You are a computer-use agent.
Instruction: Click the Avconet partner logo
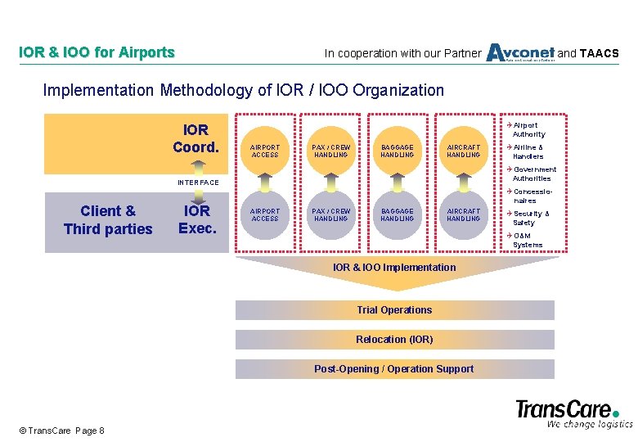pyautogui.click(x=519, y=52)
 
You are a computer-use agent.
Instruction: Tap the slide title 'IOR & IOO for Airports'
pyautogui.click(x=97, y=52)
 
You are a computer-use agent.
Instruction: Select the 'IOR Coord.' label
pyautogui.click(x=196, y=139)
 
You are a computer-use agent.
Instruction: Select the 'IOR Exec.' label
pyautogui.click(x=196, y=219)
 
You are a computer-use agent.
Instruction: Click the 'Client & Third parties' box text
pyautogui.click(x=108, y=220)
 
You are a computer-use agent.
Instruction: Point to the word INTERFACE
pyautogui.click(x=198, y=183)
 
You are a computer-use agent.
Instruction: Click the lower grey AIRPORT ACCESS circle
pyautogui.click(x=265, y=214)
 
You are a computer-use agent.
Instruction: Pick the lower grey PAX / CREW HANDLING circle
pyautogui.click(x=331, y=214)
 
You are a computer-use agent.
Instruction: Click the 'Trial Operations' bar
pyautogui.click(x=394, y=310)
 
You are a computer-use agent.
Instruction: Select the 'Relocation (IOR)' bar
pyautogui.click(x=394, y=340)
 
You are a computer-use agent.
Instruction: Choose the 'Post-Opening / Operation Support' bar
pyautogui.click(x=394, y=369)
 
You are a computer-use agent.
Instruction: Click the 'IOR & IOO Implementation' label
pyautogui.click(x=394, y=268)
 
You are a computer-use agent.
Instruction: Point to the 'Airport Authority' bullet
pyautogui.click(x=528, y=129)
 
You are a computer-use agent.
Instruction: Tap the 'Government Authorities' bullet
pyautogui.click(x=533, y=174)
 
